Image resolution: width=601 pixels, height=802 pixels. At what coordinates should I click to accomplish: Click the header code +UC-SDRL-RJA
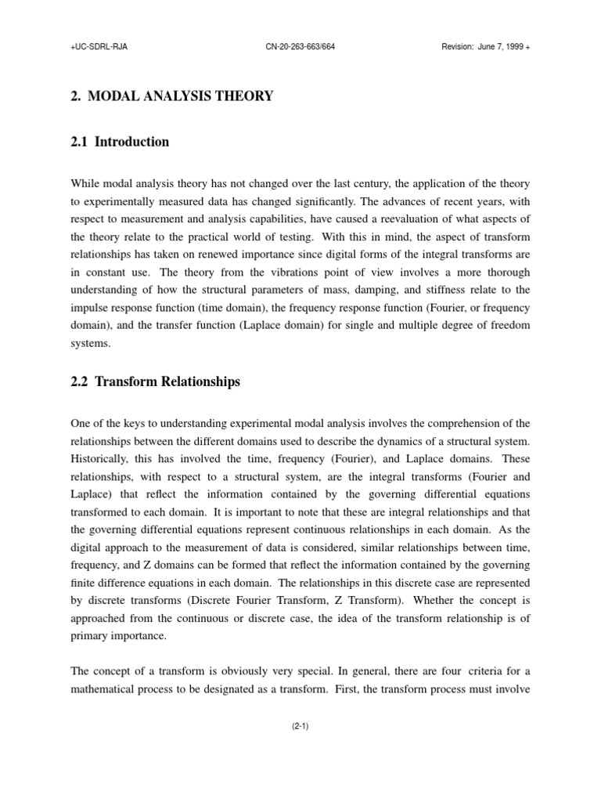coord(99,46)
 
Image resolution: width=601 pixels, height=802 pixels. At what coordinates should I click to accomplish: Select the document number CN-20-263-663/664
coord(300,46)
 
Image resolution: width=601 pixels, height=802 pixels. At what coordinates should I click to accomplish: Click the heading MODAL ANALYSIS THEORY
coord(181,96)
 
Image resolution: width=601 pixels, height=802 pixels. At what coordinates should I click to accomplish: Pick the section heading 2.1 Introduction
coord(120,142)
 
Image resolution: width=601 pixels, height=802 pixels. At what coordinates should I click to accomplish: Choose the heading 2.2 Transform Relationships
coord(155,382)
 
